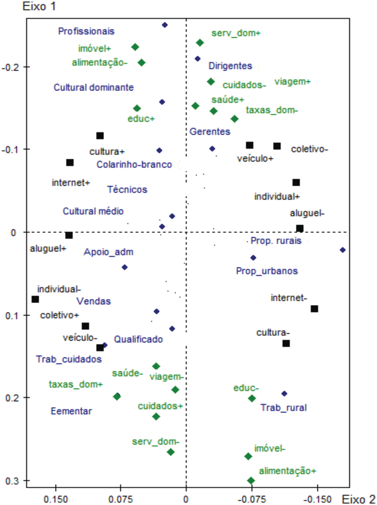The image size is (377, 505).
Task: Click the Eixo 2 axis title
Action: pyautogui.click(x=358, y=499)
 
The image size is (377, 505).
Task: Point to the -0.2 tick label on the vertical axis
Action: pyautogui.click(x=11, y=67)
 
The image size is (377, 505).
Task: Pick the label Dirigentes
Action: pyautogui.click(x=230, y=66)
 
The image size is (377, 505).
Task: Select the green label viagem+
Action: pyautogui.click(x=292, y=81)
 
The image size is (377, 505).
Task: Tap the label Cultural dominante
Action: pyautogui.click(x=93, y=88)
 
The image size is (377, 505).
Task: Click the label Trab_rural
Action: pyautogui.click(x=284, y=408)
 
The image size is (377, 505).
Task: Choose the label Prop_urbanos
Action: pyautogui.click(x=267, y=270)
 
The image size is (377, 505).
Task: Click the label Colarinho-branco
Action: pyautogui.click(x=134, y=164)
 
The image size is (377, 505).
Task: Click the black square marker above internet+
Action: pyautogui.click(x=70, y=163)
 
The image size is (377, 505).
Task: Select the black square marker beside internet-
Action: pyautogui.click(x=314, y=309)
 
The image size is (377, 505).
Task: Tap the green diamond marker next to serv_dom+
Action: pyautogui.click(x=200, y=43)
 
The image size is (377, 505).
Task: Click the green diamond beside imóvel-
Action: pyautogui.click(x=248, y=456)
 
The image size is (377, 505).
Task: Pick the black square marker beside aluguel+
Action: pyautogui.click(x=69, y=235)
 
